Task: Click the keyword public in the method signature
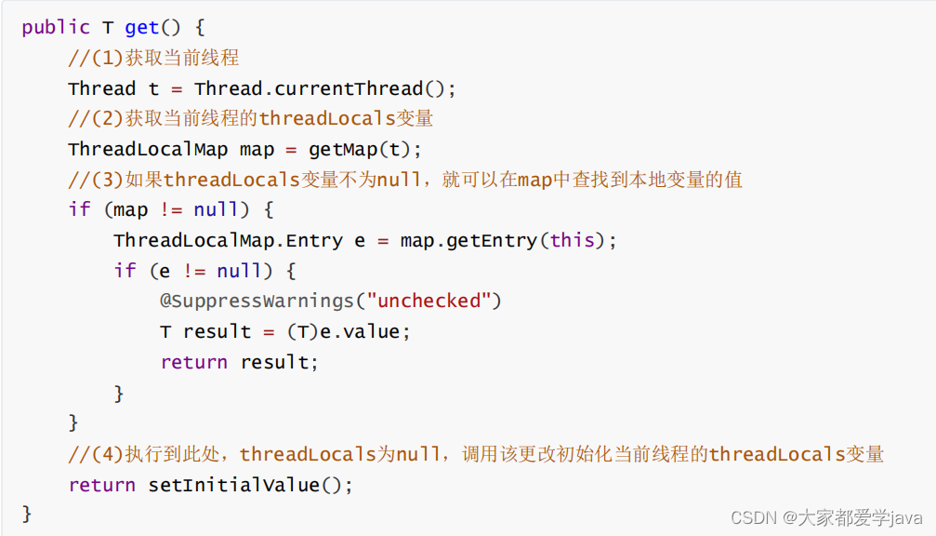(55, 27)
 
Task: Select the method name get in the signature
(142, 27)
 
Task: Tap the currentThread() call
(362, 89)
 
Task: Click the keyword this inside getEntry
(572, 241)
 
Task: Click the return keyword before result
(193, 363)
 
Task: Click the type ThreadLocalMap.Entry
(228, 241)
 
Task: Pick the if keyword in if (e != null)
(125, 271)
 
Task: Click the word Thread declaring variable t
(101, 89)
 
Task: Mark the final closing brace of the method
(27, 514)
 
